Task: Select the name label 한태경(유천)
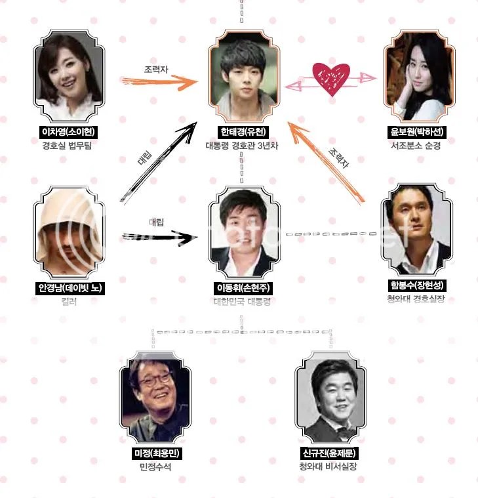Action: [x=241, y=132]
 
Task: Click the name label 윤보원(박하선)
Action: [x=416, y=132]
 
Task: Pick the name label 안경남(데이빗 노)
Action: [x=70, y=288]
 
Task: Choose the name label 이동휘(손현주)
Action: [x=242, y=288]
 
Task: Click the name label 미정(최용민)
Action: [x=155, y=454]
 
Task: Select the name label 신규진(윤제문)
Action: [x=329, y=454]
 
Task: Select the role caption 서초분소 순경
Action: [x=417, y=145]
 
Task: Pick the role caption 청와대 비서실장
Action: [x=329, y=467]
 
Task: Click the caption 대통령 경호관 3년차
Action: [x=242, y=145]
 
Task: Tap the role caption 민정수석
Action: [x=155, y=467]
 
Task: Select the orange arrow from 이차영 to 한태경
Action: [x=159, y=81]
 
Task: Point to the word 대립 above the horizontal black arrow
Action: [x=155, y=221]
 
